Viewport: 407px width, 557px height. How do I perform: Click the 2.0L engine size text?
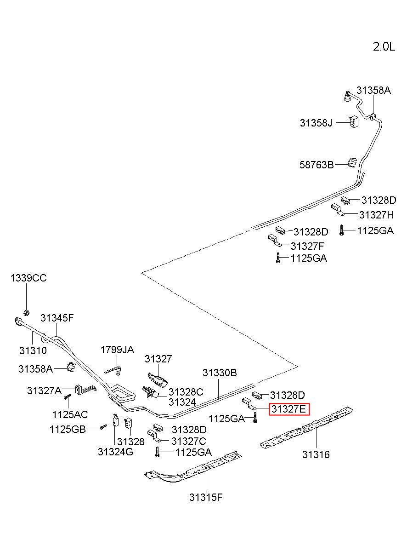[x=384, y=46]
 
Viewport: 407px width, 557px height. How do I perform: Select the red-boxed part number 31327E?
[x=289, y=409]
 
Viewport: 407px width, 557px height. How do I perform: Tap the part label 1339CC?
[x=28, y=278]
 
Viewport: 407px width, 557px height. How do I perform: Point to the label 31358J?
[x=316, y=123]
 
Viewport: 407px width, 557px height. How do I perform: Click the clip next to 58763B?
[x=353, y=163]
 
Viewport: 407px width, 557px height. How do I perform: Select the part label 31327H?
[x=377, y=215]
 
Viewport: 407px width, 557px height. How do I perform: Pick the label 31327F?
[x=307, y=246]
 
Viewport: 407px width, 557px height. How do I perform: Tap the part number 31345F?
[x=57, y=318]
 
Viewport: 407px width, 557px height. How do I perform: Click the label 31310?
[x=33, y=350]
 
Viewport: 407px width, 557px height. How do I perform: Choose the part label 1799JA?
[x=117, y=350]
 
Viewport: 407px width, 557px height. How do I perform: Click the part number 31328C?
[x=186, y=392]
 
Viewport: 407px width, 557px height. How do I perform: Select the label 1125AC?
[x=70, y=414]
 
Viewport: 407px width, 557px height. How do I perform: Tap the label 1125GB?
[x=68, y=429]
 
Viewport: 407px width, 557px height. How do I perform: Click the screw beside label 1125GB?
[x=103, y=427]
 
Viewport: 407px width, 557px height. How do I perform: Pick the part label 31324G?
[x=115, y=452]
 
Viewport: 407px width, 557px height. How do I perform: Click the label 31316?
[x=316, y=454]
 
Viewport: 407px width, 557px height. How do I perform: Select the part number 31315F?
[x=206, y=497]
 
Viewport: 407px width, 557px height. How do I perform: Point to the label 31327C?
[x=189, y=441]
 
